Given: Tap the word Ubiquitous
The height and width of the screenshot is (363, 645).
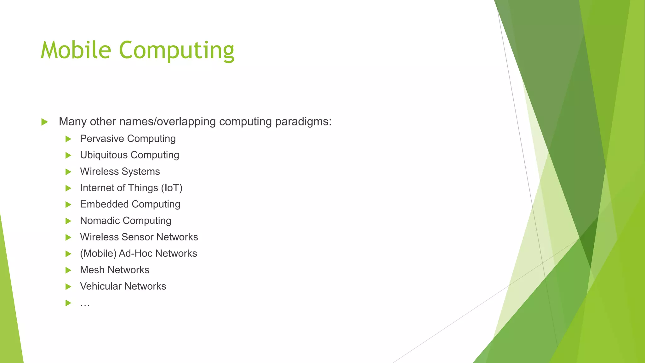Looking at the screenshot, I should (104, 155).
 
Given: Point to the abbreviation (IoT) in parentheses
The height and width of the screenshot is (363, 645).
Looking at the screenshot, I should (172, 188).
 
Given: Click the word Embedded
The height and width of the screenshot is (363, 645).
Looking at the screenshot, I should (104, 204).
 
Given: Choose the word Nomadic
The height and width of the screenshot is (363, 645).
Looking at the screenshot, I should (100, 221).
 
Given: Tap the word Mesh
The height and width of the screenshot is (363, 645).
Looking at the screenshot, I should (92, 270).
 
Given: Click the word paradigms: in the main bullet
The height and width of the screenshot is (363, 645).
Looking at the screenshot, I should (303, 122).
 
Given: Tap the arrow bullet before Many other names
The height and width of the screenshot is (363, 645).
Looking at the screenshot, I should (44, 122).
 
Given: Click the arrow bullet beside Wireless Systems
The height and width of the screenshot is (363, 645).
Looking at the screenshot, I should (68, 172).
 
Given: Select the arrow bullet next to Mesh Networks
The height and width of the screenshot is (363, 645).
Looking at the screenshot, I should (68, 270).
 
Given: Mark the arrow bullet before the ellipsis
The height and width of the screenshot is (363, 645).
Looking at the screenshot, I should (68, 303).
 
